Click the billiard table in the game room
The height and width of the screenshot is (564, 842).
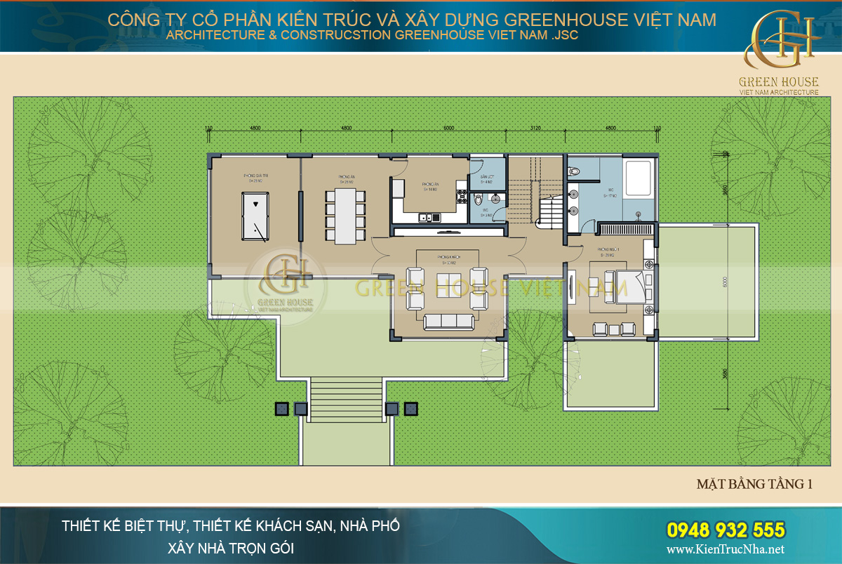tap(254, 215)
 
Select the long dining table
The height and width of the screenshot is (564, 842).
tap(345, 214)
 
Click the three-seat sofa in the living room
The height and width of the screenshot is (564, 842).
tap(449, 322)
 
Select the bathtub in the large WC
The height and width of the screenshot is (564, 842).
tap(639, 178)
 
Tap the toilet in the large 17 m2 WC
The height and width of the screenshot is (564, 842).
tap(573, 169)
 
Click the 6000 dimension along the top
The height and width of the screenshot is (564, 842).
tap(448, 128)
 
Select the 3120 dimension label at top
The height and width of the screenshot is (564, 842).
tap(535, 128)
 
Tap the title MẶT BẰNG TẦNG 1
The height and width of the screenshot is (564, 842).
tap(754, 484)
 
